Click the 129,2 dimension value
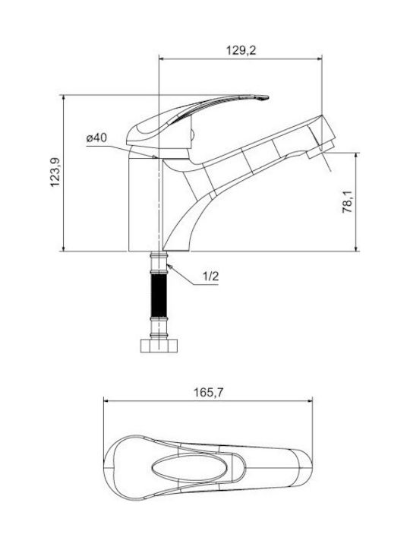(241, 51)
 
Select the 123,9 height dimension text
(55, 172)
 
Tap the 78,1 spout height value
(348, 201)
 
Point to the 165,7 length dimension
(208, 393)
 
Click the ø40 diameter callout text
(96, 138)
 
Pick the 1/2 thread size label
(210, 277)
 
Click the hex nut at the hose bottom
(159, 346)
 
